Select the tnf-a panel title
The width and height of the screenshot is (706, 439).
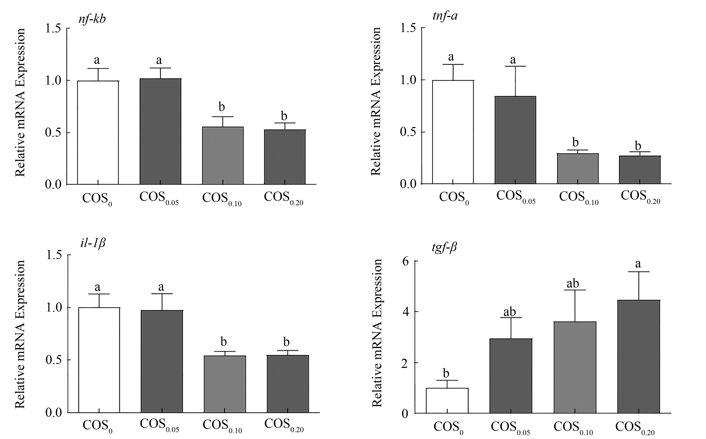point(445,15)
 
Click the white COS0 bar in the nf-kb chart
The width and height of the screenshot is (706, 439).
point(98,132)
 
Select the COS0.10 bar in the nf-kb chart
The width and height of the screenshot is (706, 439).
point(223,156)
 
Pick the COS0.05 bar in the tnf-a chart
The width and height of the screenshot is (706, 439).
point(515,140)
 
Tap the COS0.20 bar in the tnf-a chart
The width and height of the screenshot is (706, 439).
point(640,170)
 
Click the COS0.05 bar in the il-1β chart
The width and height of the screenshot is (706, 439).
point(162,361)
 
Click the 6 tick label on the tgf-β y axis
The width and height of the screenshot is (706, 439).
point(405,261)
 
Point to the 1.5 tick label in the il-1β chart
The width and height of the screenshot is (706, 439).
point(54,255)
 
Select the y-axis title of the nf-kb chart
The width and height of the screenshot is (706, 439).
point(20,102)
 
